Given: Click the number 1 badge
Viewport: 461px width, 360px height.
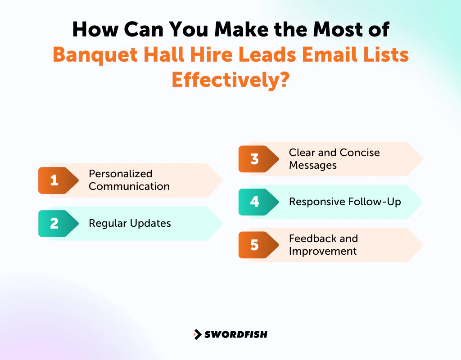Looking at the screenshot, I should (x=54, y=180).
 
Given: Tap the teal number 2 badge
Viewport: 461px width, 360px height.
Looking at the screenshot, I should (x=54, y=223).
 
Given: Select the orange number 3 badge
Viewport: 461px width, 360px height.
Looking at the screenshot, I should (x=254, y=159).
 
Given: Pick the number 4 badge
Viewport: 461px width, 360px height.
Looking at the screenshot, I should (x=254, y=202).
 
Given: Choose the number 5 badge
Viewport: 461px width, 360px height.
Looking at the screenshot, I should (x=254, y=245).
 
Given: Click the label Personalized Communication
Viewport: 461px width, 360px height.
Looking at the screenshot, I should (x=129, y=180).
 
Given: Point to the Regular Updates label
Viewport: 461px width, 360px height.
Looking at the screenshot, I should (x=130, y=223).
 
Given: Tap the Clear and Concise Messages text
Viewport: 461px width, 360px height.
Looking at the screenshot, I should (x=334, y=159).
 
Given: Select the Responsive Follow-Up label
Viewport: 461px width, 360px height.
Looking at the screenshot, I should (x=345, y=202).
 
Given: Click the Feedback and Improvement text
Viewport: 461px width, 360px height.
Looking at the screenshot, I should (x=323, y=245).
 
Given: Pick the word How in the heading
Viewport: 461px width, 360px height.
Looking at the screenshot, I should (x=93, y=30).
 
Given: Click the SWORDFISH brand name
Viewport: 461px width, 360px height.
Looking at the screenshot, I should (x=236, y=334).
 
